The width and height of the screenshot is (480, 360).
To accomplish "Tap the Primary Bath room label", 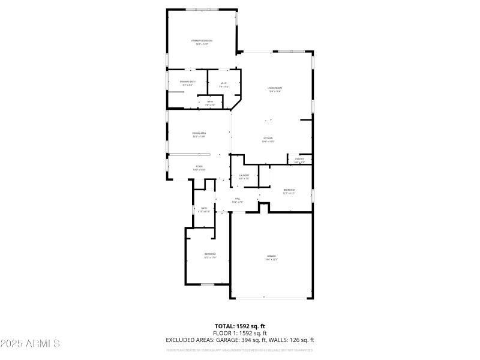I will point(187,82).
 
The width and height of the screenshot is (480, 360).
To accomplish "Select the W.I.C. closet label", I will point(224,84).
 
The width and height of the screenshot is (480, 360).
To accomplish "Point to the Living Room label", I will point(275,89).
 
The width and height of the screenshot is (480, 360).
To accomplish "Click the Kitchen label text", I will point(268,139).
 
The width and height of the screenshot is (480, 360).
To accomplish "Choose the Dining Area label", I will point(199,134).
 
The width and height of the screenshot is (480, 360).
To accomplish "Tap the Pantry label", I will point(299,160).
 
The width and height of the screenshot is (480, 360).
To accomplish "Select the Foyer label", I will point(199,167).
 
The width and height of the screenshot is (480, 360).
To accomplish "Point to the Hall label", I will point(238,200).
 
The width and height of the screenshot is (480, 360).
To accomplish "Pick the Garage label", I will point(272,257).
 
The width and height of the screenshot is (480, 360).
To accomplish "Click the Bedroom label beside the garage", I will point(209,255).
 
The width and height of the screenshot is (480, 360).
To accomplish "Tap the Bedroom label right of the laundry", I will point(289,191).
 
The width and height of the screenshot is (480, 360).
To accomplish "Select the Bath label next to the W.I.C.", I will point(210,103).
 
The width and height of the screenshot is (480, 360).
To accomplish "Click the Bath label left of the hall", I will point(204,209).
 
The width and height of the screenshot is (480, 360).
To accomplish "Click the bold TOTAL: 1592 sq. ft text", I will point(239,326).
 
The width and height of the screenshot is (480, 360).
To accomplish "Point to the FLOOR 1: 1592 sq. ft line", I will point(239,333).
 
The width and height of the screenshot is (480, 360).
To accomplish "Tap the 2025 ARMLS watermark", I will point(30,344).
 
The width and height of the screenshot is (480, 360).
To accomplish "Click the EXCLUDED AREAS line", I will point(239,340).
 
